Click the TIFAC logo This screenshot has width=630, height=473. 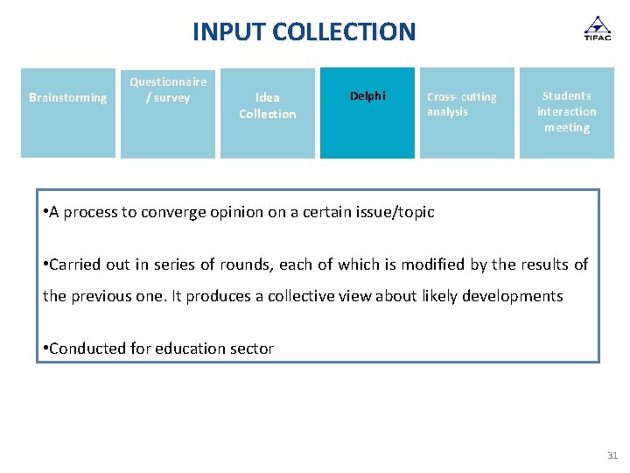pyautogui.click(x=598, y=28)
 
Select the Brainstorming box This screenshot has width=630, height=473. pyautogui.click(x=68, y=113)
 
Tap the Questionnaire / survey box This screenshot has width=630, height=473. pyautogui.click(x=168, y=114)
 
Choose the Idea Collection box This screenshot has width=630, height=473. pyautogui.click(x=268, y=113)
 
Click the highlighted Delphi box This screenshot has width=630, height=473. pyautogui.click(x=367, y=113)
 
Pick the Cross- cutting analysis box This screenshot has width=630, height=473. pyautogui.click(x=467, y=113)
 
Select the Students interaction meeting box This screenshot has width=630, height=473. pyautogui.click(x=567, y=113)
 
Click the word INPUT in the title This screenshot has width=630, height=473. pyautogui.click(x=229, y=32)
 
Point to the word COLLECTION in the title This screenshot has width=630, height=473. pyautogui.click(x=344, y=32)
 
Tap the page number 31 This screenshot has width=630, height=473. pyautogui.click(x=612, y=455)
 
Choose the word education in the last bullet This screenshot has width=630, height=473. pyautogui.click(x=192, y=349)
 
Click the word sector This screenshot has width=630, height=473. pyautogui.click(x=253, y=349)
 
